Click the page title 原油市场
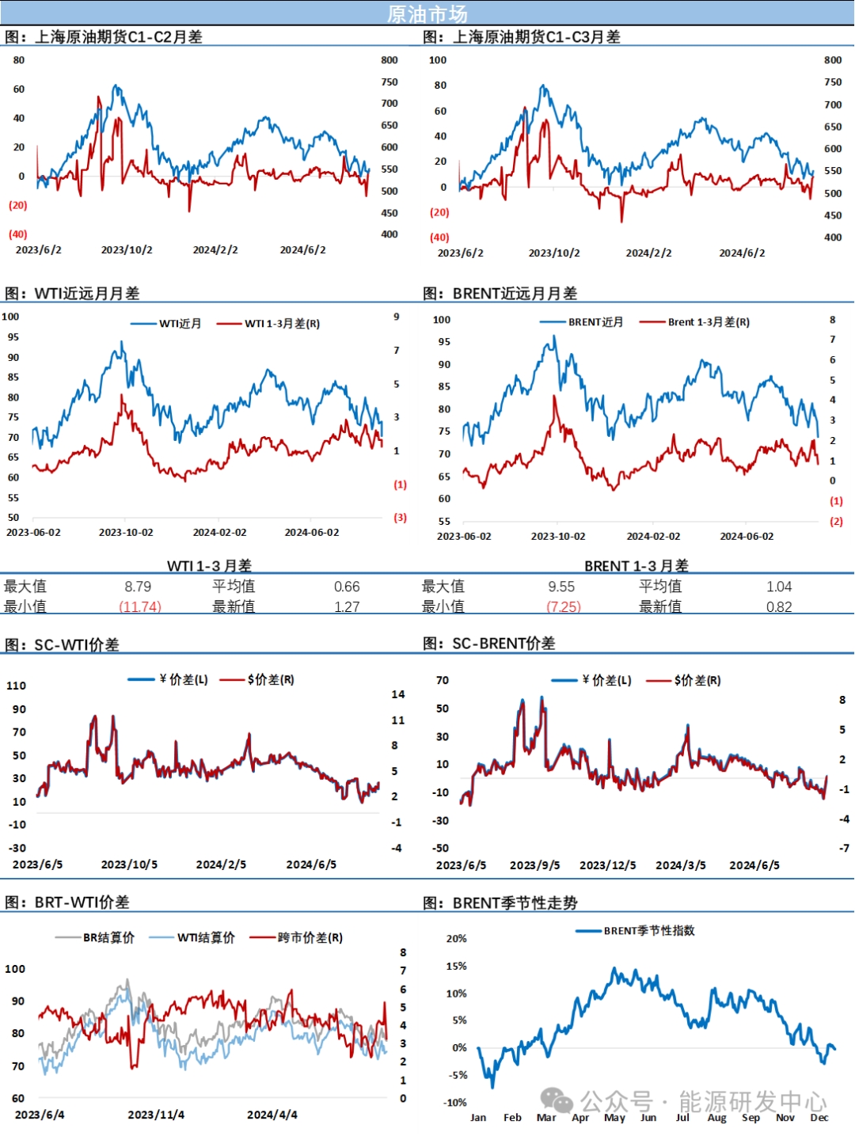pos(427,13)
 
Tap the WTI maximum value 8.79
pos(138,587)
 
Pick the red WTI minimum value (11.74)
pos(140,606)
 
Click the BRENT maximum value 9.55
pos(561,587)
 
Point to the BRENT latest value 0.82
pos(778,607)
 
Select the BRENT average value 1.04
pos(778,587)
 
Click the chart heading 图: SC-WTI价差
pos(63,644)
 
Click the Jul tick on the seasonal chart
pos(682,1118)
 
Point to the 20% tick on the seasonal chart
pos(457,939)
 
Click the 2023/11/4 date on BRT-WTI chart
pos(156,1115)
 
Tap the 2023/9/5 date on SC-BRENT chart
pos(534,865)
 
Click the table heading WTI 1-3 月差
pos(209,565)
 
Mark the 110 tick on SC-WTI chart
pos(17,686)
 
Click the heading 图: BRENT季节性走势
pos(500,902)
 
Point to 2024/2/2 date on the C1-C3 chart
pos(648,253)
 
